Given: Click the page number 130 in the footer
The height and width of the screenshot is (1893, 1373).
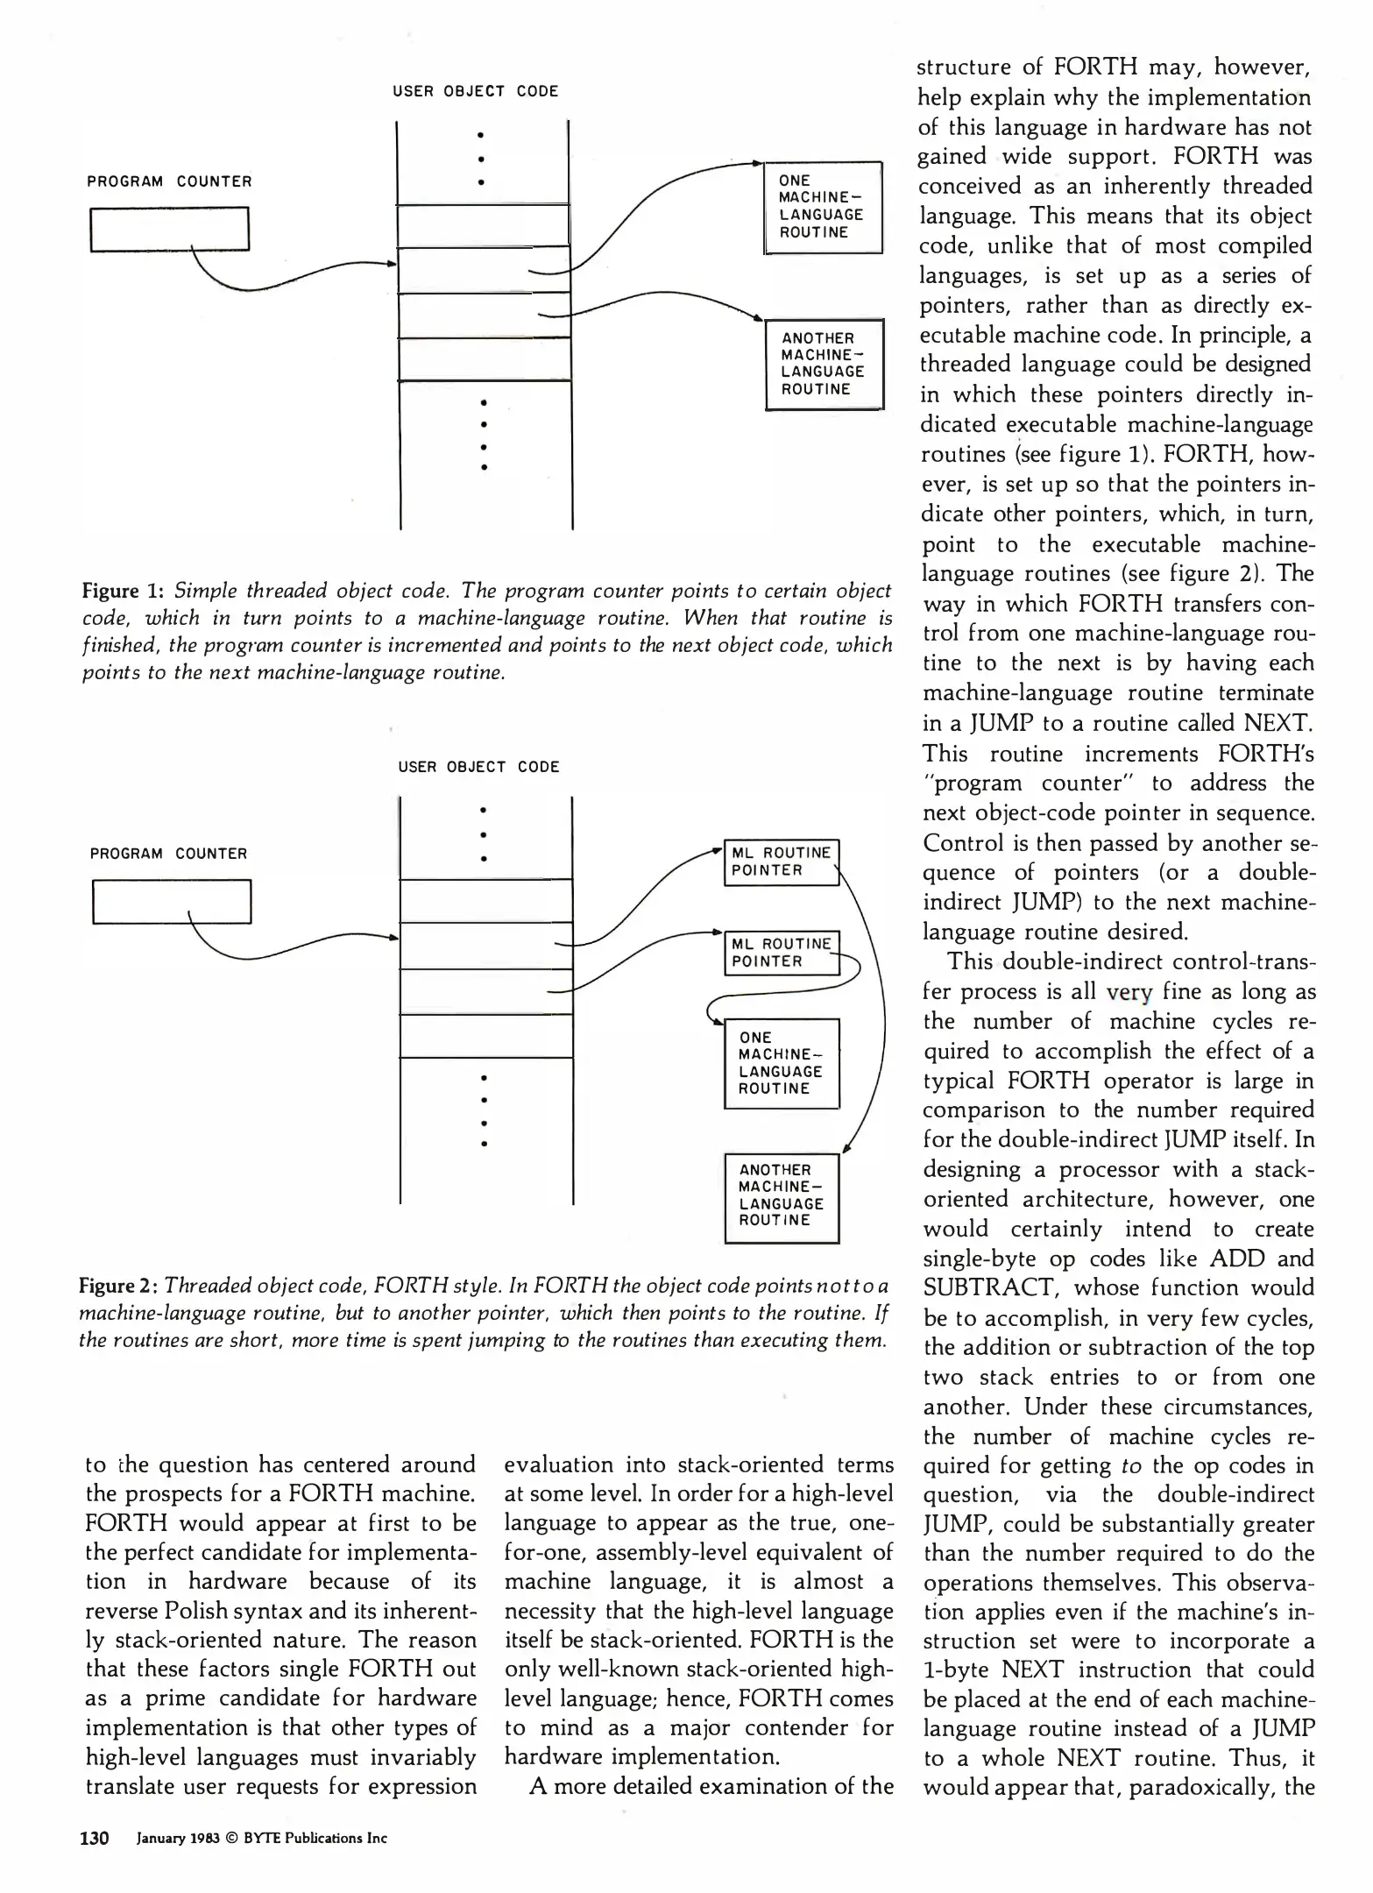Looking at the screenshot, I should (94, 1839).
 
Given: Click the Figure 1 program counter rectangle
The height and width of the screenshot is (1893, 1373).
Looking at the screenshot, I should (170, 229).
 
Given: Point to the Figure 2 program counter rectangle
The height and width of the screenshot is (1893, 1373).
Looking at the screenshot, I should (172, 901).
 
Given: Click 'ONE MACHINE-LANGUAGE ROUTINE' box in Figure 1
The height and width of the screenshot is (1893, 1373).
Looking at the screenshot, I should (823, 208).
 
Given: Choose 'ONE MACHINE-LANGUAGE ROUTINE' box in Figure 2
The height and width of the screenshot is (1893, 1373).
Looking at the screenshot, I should (782, 1063).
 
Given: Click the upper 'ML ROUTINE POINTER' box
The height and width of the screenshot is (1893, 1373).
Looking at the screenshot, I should (781, 862).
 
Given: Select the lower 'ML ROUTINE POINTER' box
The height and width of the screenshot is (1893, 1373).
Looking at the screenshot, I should (781, 953).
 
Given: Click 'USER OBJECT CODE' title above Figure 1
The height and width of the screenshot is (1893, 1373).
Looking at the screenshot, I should (475, 91).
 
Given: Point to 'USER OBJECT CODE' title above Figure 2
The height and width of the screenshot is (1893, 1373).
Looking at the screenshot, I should (478, 767).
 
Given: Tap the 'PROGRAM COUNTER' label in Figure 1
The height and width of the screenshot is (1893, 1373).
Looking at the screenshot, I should (169, 181).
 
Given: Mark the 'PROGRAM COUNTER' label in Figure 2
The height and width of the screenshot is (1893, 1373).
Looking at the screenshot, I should (169, 854).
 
